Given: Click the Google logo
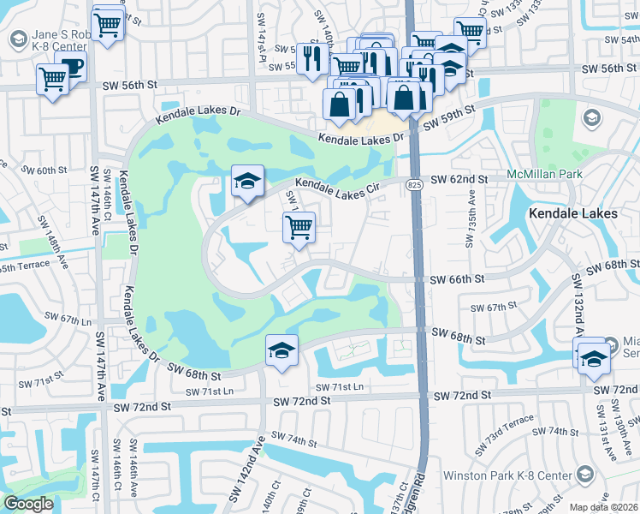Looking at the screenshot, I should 29,504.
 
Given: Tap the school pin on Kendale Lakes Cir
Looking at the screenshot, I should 246,182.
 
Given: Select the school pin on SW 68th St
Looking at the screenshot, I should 281,351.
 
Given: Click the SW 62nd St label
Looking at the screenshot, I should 459,179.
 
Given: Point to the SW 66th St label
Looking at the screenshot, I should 456,279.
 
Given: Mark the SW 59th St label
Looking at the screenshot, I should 447,114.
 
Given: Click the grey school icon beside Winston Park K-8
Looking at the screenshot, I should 584,474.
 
